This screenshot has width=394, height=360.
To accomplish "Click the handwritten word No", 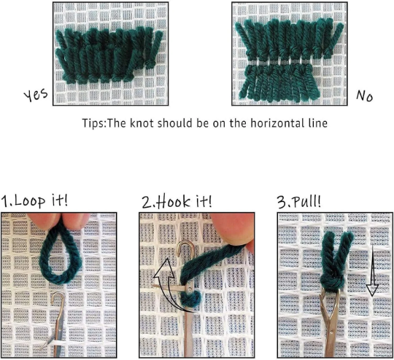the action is (364, 95).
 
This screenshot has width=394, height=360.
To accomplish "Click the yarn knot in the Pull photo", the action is (333, 283).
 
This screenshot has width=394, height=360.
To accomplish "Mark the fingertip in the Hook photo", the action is (233, 228).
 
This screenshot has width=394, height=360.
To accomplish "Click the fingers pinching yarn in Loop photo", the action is (58, 220).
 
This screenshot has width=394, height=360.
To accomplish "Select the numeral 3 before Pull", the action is (282, 203).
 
